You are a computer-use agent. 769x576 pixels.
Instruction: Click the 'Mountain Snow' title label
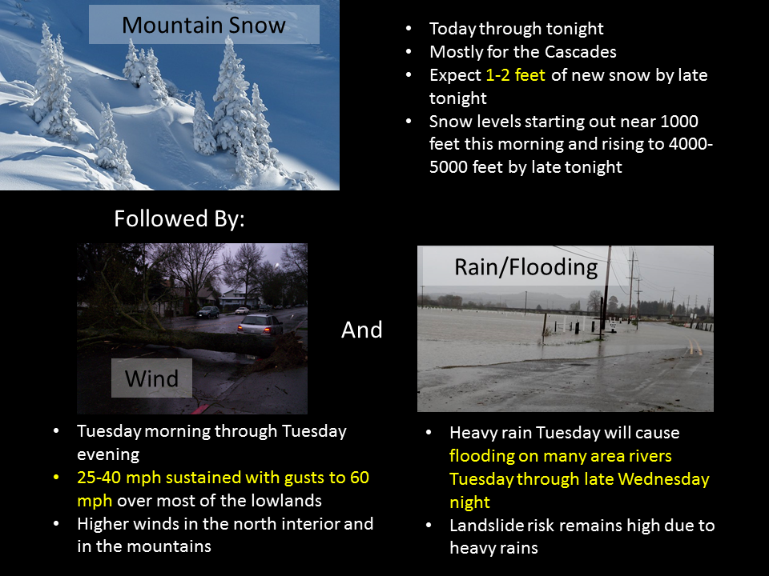point(203,25)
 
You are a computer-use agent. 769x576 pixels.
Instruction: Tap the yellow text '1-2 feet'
point(515,75)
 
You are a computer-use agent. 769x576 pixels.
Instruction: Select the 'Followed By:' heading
point(179,218)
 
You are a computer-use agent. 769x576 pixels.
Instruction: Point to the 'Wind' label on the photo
point(151,378)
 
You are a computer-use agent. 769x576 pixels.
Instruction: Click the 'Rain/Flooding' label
point(526,267)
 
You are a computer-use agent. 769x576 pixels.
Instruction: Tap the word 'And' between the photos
point(361,330)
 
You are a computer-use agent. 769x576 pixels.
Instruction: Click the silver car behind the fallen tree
point(260,325)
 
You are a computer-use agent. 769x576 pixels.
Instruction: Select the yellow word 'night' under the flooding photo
point(470,502)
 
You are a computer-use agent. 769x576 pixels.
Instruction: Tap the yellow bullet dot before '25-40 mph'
point(56,477)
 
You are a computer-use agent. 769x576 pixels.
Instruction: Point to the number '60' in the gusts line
point(360,477)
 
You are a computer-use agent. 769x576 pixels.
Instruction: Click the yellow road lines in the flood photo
point(693,346)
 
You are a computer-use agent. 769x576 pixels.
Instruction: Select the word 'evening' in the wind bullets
point(108,454)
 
